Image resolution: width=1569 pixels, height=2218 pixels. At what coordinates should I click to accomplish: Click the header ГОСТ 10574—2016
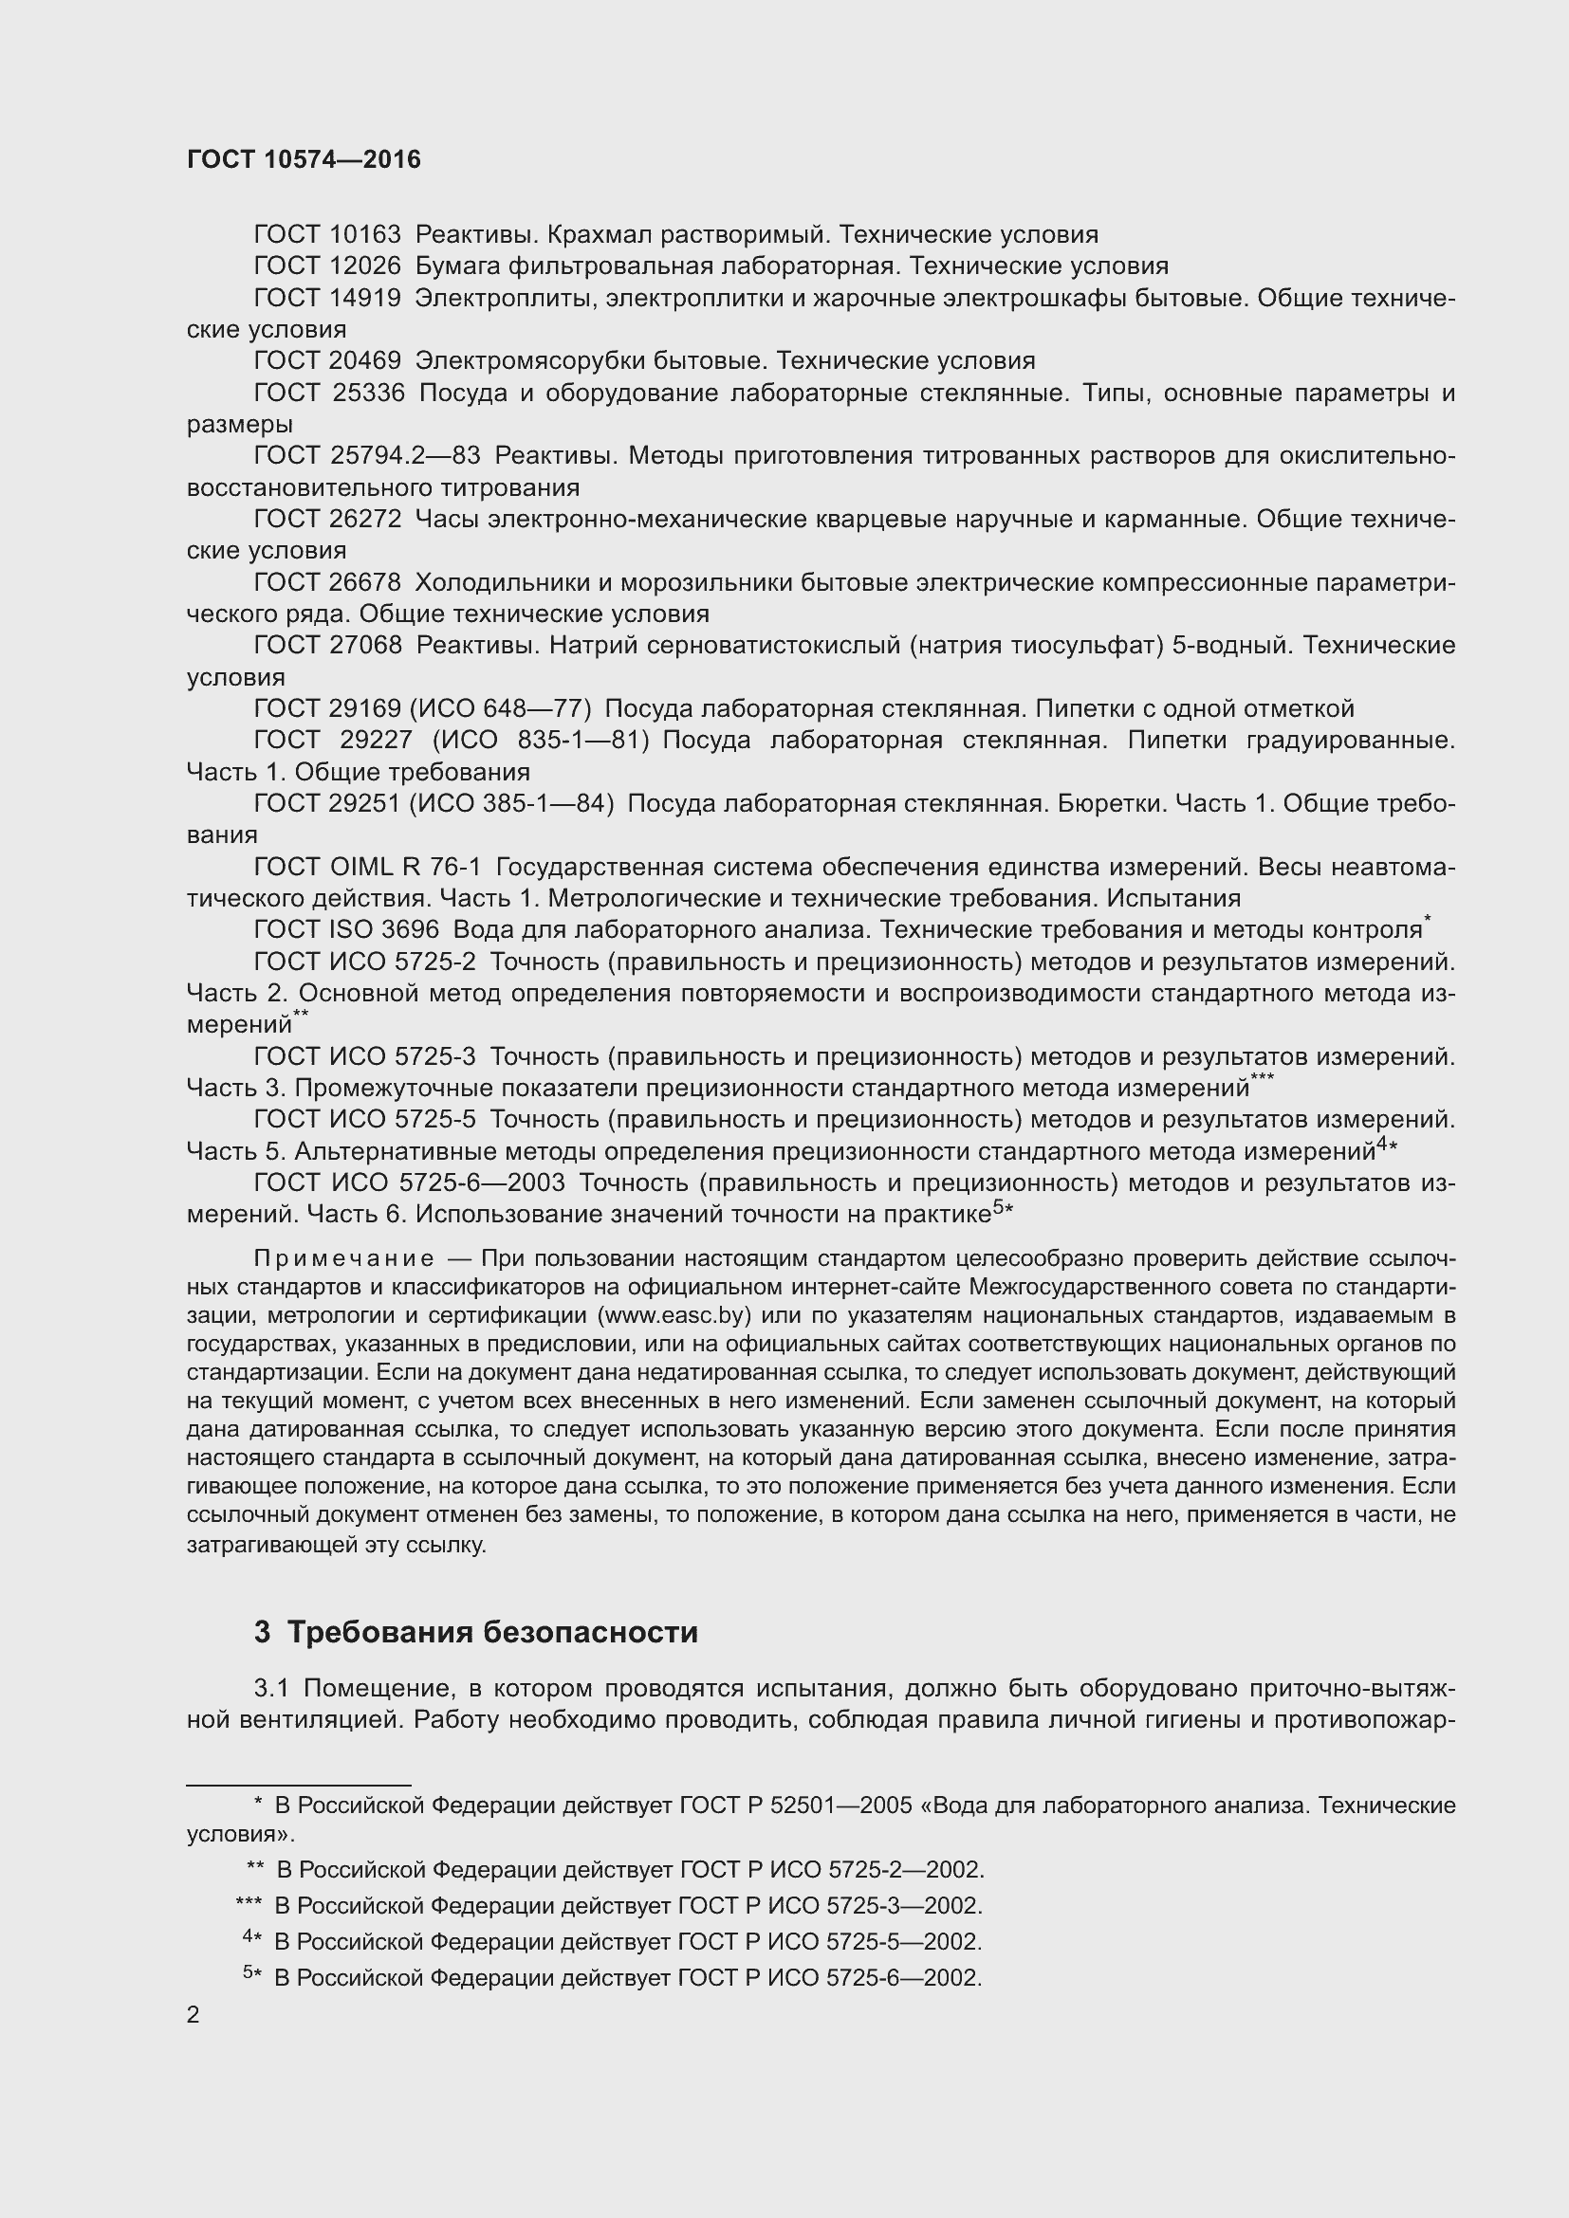(x=304, y=159)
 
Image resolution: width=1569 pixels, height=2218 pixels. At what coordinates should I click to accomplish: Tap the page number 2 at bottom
(x=194, y=2014)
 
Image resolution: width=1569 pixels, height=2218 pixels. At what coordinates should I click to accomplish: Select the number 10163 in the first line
(x=365, y=235)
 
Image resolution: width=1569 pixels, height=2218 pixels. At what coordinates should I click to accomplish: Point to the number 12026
(x=365, y=266)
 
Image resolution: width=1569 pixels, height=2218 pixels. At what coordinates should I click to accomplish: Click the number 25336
(x=369, y=394)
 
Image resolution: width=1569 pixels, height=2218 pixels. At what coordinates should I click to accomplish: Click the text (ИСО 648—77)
(x=501, y=709)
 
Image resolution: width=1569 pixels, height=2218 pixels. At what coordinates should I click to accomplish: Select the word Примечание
(x=344, y=1258)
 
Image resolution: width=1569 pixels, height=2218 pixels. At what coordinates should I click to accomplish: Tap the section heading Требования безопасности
(x=492, y=1633)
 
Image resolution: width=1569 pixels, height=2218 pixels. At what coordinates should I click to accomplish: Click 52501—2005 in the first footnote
(x=840, y=1806)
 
